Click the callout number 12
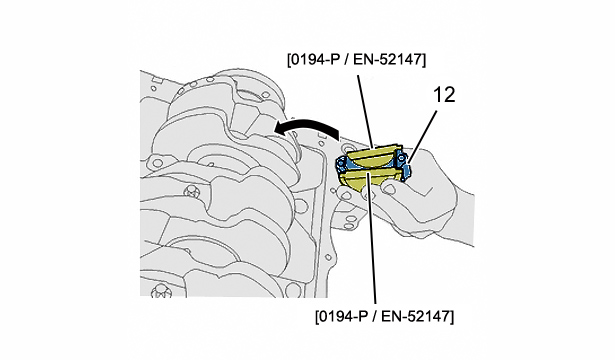[x=444, y=95]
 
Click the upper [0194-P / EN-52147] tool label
[x=356, y=60]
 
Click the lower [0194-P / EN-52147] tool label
[x=384, y=316]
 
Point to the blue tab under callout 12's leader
[x=407, y=170]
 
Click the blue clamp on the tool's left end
[x=340, y=165]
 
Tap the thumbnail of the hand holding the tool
[x=389, y=188]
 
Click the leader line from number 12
[x=422, y=137]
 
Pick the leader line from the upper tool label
[x=365, y=111]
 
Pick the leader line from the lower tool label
[x=371, y=238]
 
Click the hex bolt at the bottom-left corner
[x=161, y=291]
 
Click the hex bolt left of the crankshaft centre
[x=191, y=192]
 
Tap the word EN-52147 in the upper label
[x=388, y=60]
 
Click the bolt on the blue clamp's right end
[x=400, y=158]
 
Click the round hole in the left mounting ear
[x=157, y=162]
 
